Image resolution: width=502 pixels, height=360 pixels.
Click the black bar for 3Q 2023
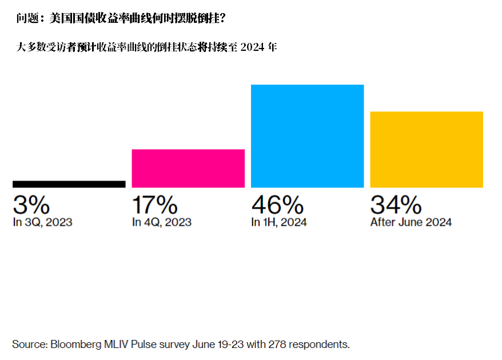tap(69, 184)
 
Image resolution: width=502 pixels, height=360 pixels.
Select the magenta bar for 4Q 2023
tap(188, 168)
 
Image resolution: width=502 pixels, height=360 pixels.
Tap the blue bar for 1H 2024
tap(307, 136)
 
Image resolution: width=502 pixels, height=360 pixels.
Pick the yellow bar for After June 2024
tap(427, 149)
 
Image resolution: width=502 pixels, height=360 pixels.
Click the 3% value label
tap(31, 205)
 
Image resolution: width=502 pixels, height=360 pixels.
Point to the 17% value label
tap(154, 205)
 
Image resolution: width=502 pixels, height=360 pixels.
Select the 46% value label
tap(277, 205)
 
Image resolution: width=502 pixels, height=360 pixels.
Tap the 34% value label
tap(396, 205)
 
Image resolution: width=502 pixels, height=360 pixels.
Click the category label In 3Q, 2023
tap(42, 222)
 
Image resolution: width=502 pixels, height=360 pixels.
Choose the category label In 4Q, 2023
tap(161, 222)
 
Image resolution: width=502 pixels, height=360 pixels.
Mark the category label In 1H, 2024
tap(278, 222)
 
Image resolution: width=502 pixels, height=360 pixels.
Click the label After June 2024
tap(411, 222)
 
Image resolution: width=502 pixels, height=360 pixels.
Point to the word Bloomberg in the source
tap(75, 344)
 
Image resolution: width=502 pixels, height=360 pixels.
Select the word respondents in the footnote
tap(320, 344)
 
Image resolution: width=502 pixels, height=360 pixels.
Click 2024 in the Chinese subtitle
tap(253, 47)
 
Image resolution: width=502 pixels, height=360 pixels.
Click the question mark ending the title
tap(222, 19)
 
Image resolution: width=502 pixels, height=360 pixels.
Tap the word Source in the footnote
tap(29, 344)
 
